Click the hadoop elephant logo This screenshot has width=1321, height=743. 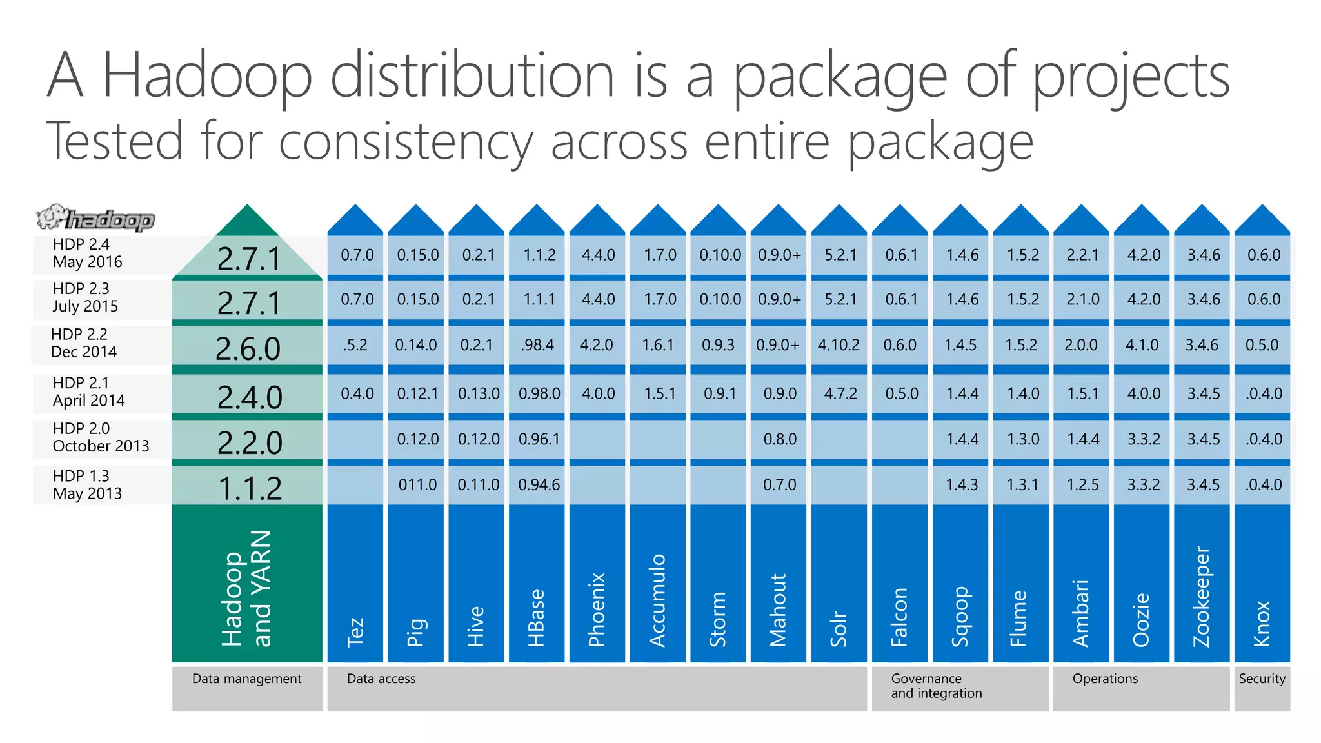(x=95, y=219)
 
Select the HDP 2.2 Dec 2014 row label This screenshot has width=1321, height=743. (x=84, y=343)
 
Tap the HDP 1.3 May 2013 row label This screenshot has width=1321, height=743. (x=87, y=484)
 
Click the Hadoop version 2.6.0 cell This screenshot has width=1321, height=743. (x=248, y=349)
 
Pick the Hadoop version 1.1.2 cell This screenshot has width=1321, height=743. (x=250, y=488)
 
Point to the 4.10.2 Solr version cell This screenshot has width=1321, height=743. (x=839, y=345)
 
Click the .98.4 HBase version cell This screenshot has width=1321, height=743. (x=537, y=345)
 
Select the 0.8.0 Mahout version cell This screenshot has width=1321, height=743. (x=779, y=439)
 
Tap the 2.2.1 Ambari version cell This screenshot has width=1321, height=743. (x=1082, y=255)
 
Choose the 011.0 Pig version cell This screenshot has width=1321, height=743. (x=417, y=484)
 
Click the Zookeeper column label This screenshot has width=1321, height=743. (x=1201, y=597)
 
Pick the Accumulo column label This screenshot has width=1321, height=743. (x=657, y=600)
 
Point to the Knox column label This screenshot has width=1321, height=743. (x=1262, y=623)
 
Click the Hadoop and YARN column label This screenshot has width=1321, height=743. (x=246, y=588)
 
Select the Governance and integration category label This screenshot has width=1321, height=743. (x=936, y=686)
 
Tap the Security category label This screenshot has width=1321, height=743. (x=1262, y=679)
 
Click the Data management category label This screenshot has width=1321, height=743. (x=246, y=679)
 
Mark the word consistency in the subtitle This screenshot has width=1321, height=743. (x=406, y=142)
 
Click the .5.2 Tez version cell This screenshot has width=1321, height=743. (x=355, y=345)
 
